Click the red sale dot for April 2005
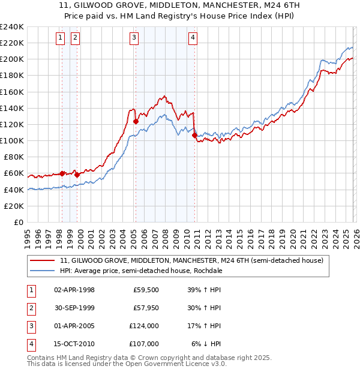136,121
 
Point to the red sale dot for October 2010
194,135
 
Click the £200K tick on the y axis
12,59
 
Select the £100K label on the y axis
12,140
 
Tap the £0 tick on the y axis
18,222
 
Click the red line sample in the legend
43,260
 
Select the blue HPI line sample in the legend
43,271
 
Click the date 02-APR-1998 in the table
74,290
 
